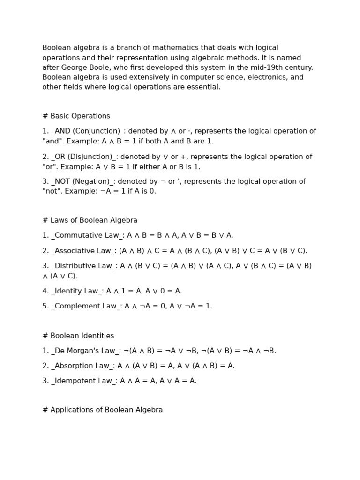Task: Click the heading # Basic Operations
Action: [76, 116]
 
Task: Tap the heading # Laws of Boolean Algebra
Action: [90, 220]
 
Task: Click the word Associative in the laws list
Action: [73, 251]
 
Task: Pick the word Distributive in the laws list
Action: [74, 266]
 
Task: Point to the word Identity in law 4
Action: [67, 291]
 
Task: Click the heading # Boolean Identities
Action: [78, 336]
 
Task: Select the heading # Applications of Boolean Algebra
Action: [102, 410]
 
